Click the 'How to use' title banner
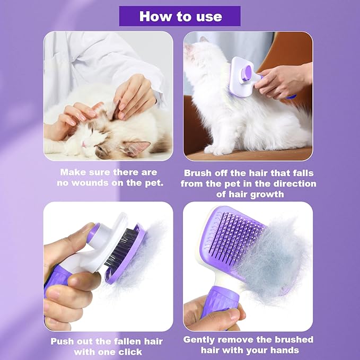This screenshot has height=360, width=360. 180,16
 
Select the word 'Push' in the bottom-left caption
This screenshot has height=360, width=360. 63,341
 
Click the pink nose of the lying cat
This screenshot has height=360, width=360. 83,144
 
